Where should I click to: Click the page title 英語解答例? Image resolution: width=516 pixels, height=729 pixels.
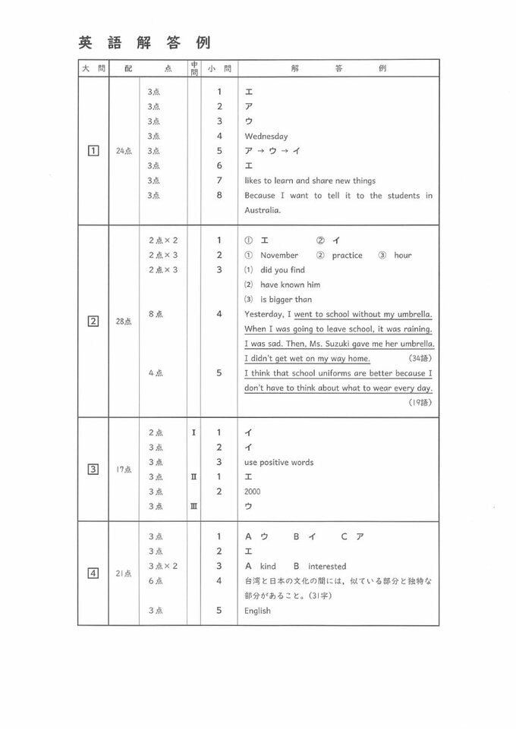[x=144, y=42]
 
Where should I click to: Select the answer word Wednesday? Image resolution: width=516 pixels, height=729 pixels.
[x=266, y=137]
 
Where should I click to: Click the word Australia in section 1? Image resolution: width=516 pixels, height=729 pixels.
[x=263, y=210]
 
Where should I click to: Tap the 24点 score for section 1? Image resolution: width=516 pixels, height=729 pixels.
[x=124, y=152]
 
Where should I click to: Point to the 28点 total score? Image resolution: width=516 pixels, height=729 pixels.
[x=124, y=322]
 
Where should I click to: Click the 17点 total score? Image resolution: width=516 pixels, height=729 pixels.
[x=124, y=470]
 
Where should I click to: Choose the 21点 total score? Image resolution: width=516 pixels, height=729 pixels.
[x=124, y=573]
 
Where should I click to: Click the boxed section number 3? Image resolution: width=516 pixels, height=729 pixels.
[x=93, y=469]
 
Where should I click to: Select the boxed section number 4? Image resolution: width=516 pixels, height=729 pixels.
[x=93, y=573]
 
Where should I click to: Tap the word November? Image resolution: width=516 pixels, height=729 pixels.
[x=279, y=256]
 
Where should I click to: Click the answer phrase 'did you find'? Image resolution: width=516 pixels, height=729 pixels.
[x=282, y=270]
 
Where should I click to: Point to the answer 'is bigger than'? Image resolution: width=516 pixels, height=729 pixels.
[x=286, y=300]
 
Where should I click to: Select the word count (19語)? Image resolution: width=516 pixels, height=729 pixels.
[x=420, y=402]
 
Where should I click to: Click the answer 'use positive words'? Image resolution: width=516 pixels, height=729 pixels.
[x=278, y=462]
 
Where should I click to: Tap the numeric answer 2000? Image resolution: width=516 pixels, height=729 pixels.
[x=253, y=492]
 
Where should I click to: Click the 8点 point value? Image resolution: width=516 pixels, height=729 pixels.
[x=155, y=314]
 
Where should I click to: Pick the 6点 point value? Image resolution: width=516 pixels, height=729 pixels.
[x=155, y=581]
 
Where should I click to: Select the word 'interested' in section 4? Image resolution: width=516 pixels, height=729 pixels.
[x=326, y=567]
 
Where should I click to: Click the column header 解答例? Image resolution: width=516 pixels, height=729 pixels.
[x=338, y=68]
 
